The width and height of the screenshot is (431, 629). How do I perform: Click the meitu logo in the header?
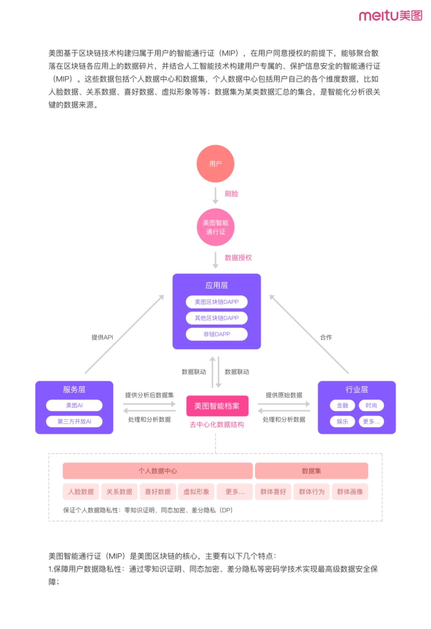(390, 15)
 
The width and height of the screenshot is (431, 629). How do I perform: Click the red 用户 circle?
(215, 164)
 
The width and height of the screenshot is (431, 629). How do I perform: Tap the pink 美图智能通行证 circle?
(215, 227)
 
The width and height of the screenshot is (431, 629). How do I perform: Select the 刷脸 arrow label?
(231, 194)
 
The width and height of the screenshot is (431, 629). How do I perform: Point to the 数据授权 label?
(238, 258)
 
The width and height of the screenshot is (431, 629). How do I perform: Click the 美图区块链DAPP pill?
(217, 302)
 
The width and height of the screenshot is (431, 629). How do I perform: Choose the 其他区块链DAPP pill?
(217, 318)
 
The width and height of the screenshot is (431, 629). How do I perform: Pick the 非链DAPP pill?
(217, 334)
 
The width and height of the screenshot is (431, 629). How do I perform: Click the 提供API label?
(102, 337)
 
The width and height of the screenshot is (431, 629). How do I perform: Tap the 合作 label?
(326, 337)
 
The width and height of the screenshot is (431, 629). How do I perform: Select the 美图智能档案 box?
(217, 406)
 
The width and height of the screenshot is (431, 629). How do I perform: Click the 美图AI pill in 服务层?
(74, 405)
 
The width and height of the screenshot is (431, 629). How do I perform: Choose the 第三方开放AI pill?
(74, 421)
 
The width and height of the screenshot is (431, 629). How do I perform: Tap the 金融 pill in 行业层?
(342, 405)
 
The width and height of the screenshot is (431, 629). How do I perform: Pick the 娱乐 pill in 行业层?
(342, 421)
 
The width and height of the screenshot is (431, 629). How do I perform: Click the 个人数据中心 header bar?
(158, 471)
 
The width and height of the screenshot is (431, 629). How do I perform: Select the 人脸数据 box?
(81, 491)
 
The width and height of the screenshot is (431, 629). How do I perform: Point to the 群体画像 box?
(350, 491)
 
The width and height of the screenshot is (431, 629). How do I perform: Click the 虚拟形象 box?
(196, 491)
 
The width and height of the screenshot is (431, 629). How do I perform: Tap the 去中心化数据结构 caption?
(217, 425)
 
